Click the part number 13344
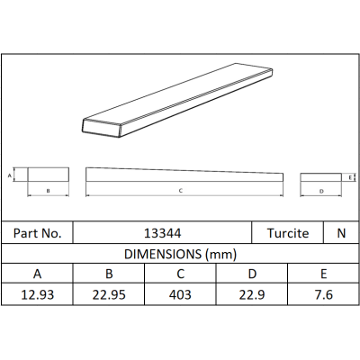tap(162, 233)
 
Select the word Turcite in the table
tap(288, 233)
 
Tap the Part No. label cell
tap(37, 233)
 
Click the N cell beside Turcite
tap(341, 233)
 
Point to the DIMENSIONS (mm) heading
tap(180, 254)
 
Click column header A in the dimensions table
tap(37, 274)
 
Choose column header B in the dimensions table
tap(109, 274)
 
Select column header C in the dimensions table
tap(180, 274)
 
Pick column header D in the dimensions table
tap(252, 274)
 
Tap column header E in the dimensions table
tap(323, 274)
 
